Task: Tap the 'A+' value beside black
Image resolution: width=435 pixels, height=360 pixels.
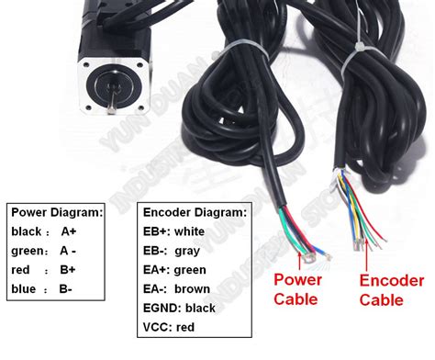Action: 68,231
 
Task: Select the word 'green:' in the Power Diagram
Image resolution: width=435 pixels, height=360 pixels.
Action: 29,251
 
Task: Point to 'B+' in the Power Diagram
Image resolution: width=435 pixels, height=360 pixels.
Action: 67,270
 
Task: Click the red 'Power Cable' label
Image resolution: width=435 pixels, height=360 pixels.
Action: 296,290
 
